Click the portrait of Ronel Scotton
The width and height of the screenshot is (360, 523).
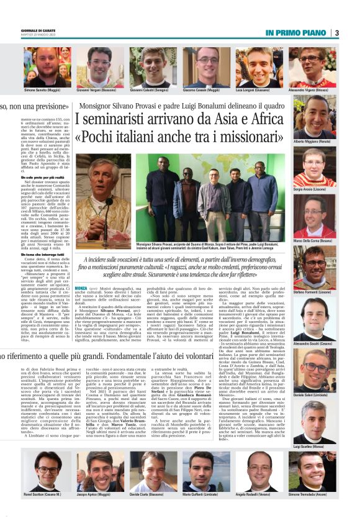point(47,470)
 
